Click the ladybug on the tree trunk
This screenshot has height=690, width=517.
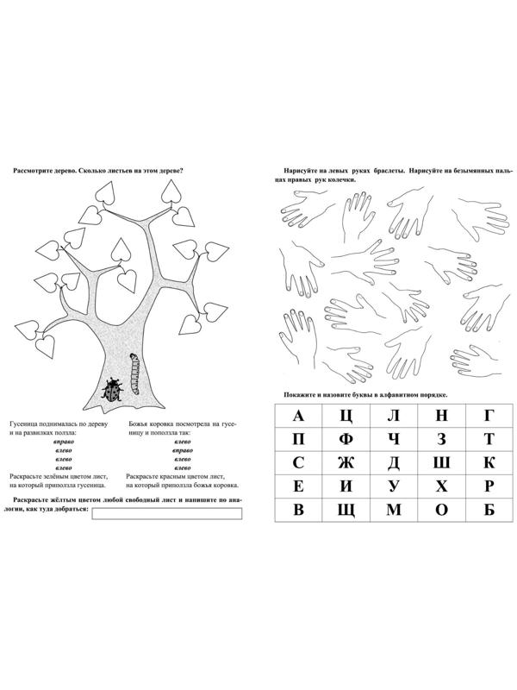point(113,391)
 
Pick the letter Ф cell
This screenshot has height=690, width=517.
point(346,440)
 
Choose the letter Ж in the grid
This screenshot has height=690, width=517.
point(346,463)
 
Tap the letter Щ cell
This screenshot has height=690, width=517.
point(346,510)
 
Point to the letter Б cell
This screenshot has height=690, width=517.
point(489,510)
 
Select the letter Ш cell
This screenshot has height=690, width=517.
point(441,463)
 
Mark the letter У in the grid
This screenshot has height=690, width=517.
point(394,486)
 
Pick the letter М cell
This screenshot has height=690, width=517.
point(394,510)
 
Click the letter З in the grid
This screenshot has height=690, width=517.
point(441,440)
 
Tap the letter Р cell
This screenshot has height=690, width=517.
point(489,486)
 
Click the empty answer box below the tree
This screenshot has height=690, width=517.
point(165,515)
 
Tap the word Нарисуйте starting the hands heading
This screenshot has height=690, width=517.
point(291,170)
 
